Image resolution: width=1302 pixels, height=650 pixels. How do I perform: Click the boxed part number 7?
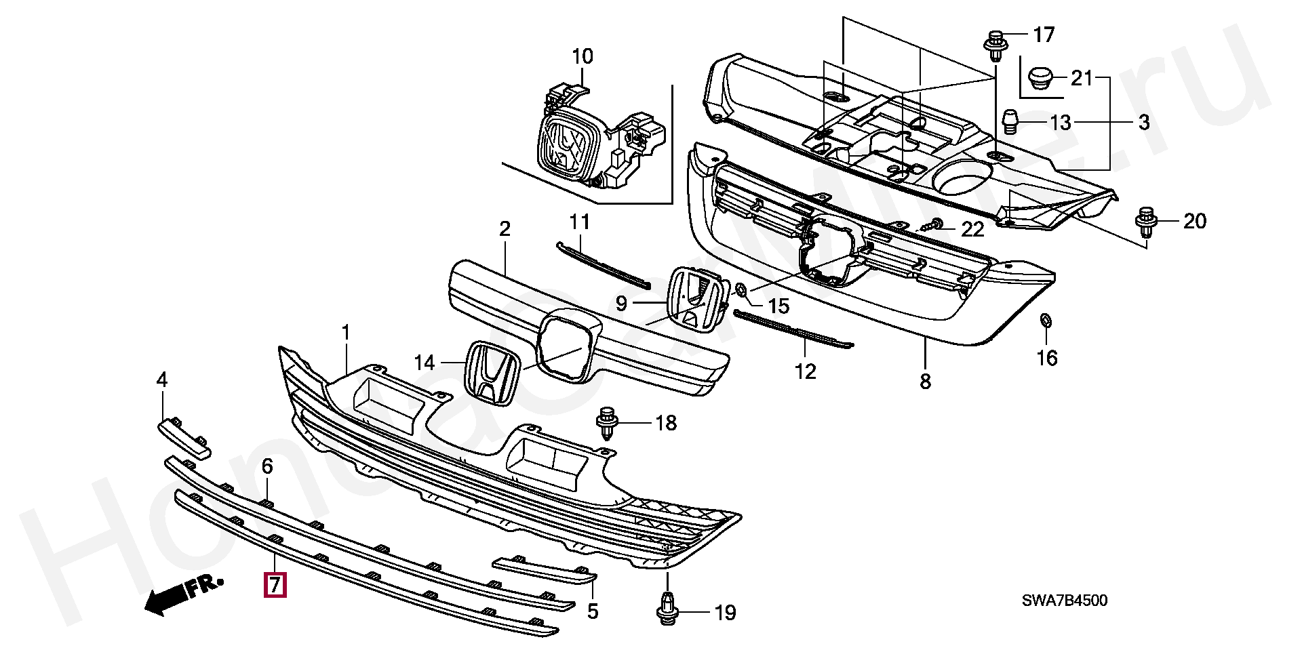pyautogui.click(x=275, y=584)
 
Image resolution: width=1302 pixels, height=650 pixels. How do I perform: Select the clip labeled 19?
pyautogui.click(x=669, y=608)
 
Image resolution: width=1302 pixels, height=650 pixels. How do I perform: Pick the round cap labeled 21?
pyautogui.click(x=1038, y=78)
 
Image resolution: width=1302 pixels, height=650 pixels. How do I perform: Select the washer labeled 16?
pyautogui.click(x=1046, y=320)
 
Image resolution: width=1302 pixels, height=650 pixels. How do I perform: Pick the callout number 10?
pyautogui.click(x=583, y=56)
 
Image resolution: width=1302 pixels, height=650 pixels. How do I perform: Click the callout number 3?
pyautogui.click(x=1144, y=123)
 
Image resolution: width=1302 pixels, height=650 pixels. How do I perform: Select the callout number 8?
pyautogui.click(x=926, y=382)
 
